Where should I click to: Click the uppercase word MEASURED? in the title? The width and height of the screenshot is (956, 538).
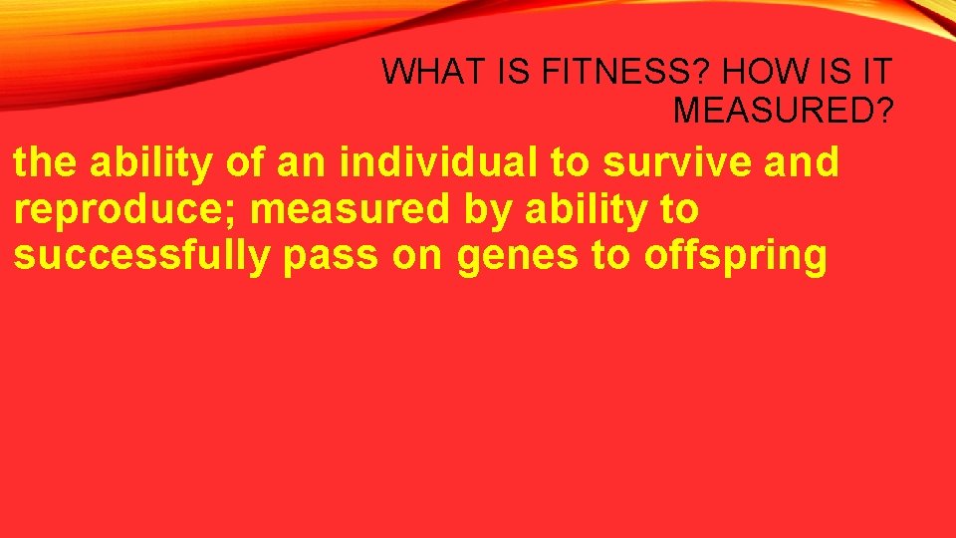pyautogui.click(x=783, y=110)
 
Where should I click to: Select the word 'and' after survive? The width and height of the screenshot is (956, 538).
pyautogui.click(x=803, y=163)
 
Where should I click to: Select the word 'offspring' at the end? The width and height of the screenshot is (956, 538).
pyautogui.click(x=736, y=256)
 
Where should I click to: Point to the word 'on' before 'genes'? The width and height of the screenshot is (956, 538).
pyautogui.click(x=418, y=256)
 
